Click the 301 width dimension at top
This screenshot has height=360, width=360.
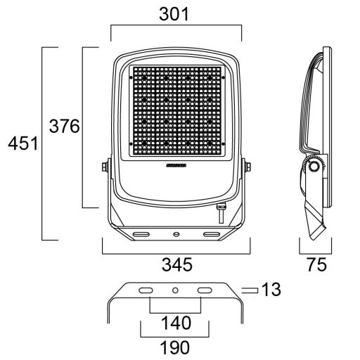[175, 15]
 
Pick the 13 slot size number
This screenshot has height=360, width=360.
[271, 288]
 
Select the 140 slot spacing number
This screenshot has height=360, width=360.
[175, 323]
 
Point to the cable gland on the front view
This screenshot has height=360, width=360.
[220, 207]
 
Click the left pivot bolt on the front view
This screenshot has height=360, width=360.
[105, 166]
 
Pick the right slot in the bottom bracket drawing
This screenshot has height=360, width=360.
[206, 290]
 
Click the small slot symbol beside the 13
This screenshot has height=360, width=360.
[248, 289]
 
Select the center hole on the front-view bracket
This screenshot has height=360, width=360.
[175, 231]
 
